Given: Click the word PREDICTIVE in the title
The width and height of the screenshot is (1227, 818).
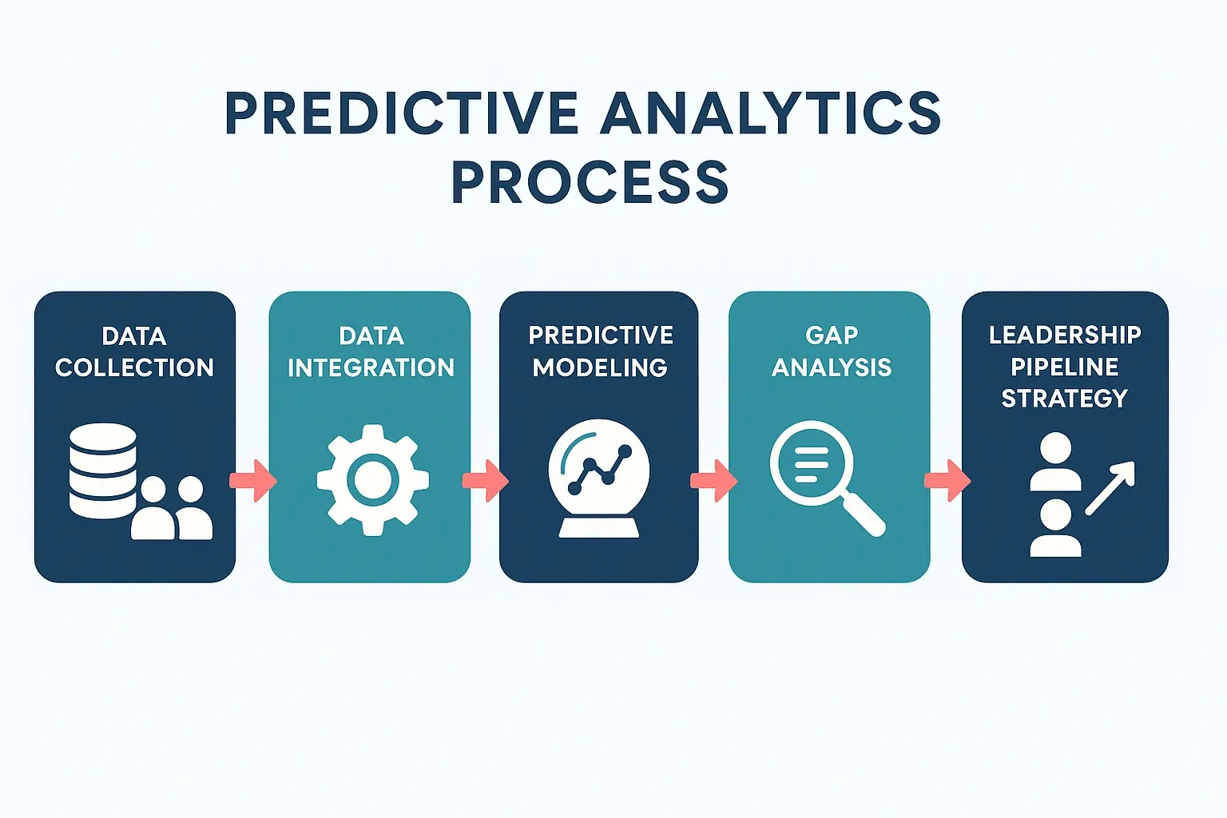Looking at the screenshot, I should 401,113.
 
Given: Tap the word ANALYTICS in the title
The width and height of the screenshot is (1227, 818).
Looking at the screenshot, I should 771,113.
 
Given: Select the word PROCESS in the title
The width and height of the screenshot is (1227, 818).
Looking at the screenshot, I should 590,182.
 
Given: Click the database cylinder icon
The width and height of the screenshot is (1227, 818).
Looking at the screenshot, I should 103,470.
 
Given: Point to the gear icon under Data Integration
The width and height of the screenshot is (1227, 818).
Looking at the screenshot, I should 372,479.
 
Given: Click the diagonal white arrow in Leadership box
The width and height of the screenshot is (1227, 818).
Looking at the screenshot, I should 1110,487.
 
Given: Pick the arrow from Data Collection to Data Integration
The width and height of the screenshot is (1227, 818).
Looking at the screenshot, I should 253,480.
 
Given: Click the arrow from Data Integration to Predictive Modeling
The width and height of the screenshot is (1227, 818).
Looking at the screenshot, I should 485,480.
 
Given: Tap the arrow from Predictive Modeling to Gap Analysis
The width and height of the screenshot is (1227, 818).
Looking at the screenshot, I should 713,480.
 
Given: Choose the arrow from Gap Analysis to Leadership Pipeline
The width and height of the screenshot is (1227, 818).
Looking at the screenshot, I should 947,480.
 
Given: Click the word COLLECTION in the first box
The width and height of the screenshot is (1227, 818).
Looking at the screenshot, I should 134,367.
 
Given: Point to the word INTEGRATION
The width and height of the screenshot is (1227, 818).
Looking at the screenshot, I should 371,367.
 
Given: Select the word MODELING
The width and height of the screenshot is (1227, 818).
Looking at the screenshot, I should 600,367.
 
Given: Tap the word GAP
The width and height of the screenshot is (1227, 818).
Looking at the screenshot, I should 832,335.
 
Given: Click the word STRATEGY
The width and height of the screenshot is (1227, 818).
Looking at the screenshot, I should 1064,398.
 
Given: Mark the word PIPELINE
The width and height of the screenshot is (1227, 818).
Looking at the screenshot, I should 1064,367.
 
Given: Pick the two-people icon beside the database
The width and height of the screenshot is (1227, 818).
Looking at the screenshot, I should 173,508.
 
